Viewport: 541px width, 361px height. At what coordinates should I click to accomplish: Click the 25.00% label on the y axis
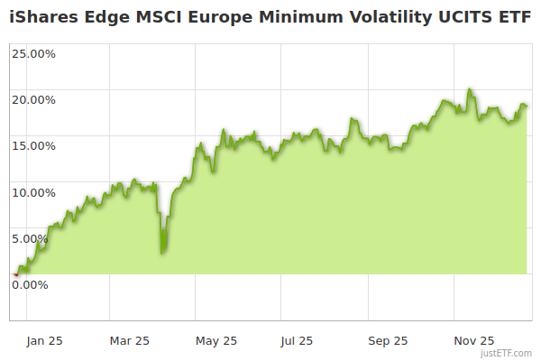32,52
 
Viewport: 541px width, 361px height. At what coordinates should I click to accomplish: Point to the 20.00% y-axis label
32,99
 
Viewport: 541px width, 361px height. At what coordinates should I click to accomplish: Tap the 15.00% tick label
32,145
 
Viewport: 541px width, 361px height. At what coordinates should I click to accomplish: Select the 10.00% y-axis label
32,191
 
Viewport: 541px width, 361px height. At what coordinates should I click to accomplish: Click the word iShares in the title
43,18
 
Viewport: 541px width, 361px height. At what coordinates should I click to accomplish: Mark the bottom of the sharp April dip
161,253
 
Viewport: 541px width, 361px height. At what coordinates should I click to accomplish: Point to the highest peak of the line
470,89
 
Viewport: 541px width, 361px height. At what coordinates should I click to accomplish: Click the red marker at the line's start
15,273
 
